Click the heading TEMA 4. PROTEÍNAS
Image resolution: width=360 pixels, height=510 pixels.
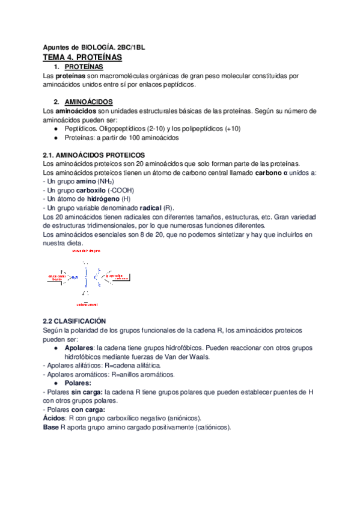point(82,57)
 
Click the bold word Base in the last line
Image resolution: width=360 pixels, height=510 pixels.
point(51,427)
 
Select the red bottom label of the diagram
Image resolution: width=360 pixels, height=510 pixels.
point(87,305)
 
